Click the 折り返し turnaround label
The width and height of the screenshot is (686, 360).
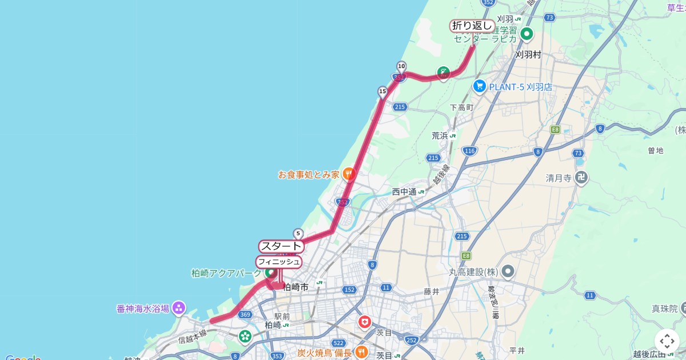[x=472, y=26]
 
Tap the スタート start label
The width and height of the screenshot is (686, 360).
[x=280, y=246]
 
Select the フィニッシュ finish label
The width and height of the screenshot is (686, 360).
[x=278, y=262]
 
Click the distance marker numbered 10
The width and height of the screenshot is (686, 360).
[x=401, y=66]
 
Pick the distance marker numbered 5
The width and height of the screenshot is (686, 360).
[x=298, y=234]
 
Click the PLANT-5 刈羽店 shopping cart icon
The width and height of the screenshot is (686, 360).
[x=479, y=86]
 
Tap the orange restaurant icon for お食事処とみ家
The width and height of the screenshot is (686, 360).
[x=349, y=174]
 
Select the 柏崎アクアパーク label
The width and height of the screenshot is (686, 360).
[x=226, y=273]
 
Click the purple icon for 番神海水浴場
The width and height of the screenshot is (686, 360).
[x=179, y=309]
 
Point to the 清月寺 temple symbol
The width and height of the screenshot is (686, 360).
[x=581, y=178]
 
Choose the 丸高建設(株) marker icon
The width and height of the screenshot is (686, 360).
[x=508, y=271]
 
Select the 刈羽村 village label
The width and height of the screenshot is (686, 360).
[x=528, y=55]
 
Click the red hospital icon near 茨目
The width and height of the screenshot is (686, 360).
[x=364, y=322]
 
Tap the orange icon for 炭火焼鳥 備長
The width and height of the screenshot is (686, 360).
[x=361, y=352]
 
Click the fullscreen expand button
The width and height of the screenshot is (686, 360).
[x=667, y=341]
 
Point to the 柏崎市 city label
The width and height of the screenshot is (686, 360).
[x=296, y=287]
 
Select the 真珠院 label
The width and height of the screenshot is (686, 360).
[x=664, y=309]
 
